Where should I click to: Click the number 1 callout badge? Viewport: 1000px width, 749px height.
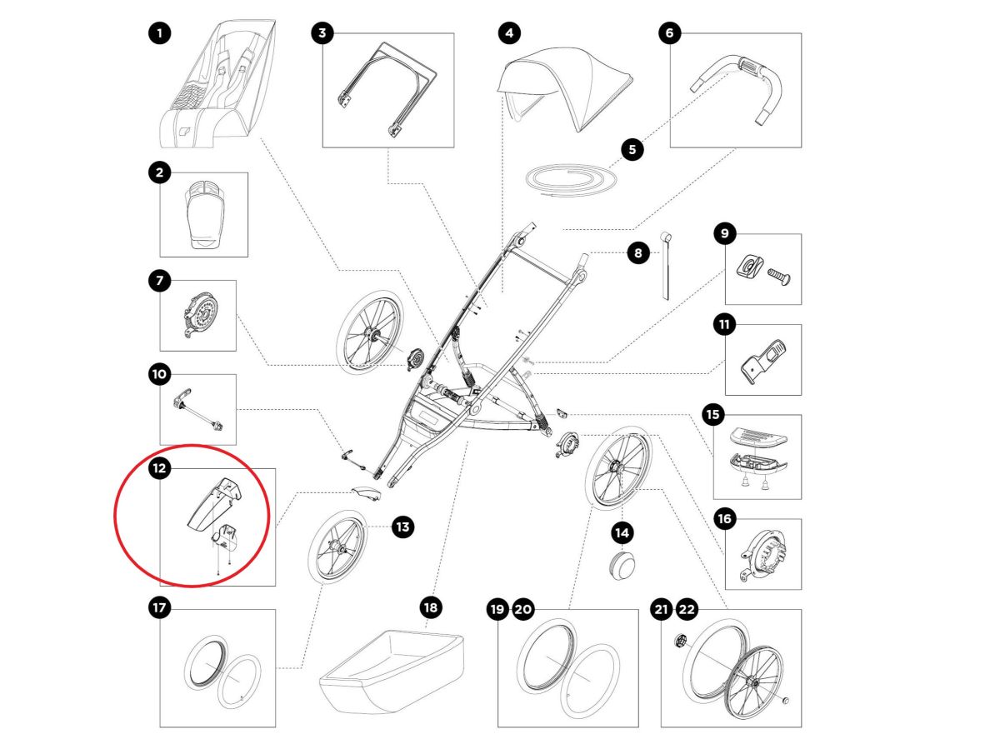pos(159,34)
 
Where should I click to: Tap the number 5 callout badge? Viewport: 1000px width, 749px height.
pos(632,150)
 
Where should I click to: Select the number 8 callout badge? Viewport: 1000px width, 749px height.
pos(638,253)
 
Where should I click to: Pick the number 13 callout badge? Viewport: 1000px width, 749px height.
pos(402,527)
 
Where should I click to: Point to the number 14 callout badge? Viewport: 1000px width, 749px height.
pos(622,531)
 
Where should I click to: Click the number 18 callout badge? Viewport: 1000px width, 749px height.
pos(430,607)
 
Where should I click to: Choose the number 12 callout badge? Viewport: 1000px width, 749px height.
pos(159,469)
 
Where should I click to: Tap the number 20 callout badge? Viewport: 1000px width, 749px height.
pos(522,610)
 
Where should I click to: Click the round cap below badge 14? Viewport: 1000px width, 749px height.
pos(622,564)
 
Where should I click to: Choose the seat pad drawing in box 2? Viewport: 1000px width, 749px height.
pos(203,215)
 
